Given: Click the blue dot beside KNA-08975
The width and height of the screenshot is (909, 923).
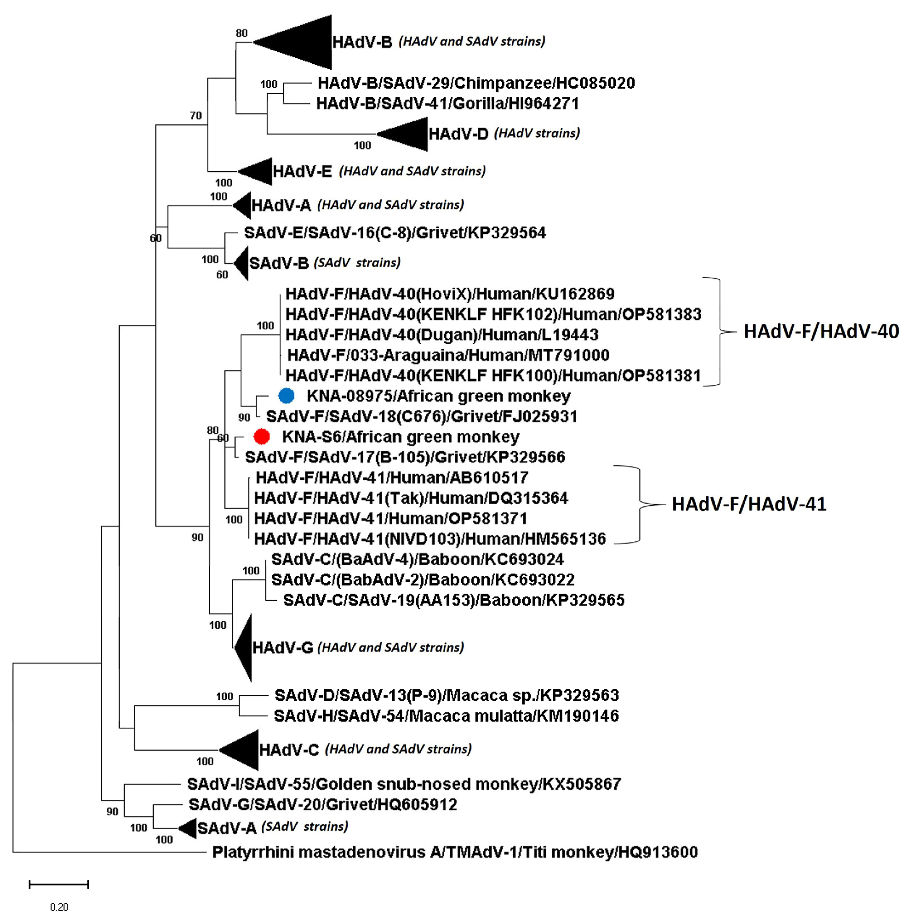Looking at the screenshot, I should tap(286, 396).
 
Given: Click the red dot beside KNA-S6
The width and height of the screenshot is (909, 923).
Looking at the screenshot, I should tap(262, 436).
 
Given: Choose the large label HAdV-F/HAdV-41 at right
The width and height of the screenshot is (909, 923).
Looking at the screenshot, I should tap(749, 504).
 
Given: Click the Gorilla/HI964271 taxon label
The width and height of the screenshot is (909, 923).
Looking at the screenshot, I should tap(447, 103).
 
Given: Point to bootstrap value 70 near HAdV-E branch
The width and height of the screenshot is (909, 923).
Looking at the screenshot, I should tap(196, 115).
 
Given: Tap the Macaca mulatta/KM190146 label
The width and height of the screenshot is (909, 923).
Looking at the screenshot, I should tap(446, 716).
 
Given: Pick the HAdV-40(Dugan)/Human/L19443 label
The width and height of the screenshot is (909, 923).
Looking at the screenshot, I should tap(442, 335).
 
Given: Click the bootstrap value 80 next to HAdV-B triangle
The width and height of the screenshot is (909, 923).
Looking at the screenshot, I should tap(241, 33).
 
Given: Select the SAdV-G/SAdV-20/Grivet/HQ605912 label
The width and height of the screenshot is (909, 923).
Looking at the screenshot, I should tap(323, 804).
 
